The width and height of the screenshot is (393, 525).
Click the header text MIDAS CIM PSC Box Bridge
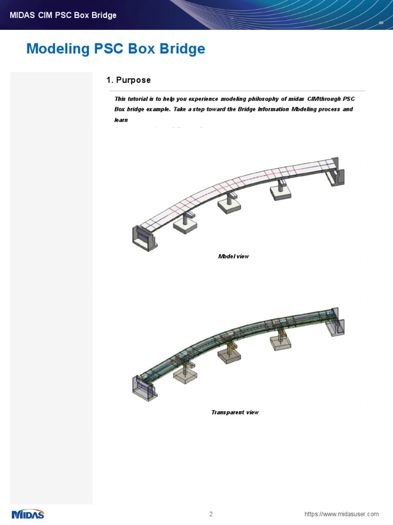coord(63,15)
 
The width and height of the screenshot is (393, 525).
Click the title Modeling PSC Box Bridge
coord(116,49)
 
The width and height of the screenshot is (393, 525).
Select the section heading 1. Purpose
coord(128,80)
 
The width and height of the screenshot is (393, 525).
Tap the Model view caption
coord(233,256)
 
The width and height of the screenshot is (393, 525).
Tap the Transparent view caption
coord(235,412)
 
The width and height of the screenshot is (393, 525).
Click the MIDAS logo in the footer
coord(28,514)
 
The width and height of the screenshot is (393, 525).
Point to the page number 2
coord(211,514)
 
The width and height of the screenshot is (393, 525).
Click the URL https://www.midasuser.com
coord(341,514)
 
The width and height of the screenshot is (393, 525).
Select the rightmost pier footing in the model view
coord(280,193)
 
